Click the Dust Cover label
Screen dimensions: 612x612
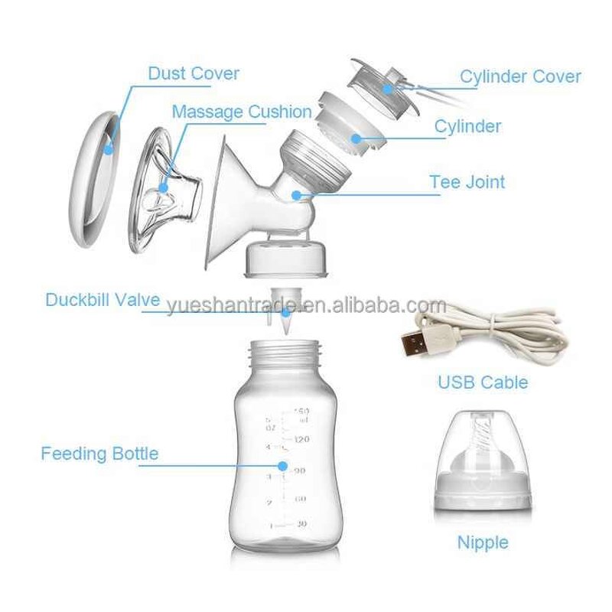click(x=194, y=74)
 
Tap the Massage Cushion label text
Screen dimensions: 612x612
click(x=242, y=112)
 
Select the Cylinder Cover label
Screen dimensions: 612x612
click(x=519, y=76)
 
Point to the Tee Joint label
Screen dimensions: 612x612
click(x=467, y=183)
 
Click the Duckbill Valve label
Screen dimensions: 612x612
click(x=103, y=299)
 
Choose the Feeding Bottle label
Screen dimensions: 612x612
click(x=99, y=454)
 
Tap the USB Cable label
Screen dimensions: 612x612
click(x=483, y=381)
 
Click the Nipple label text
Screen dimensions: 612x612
click(x=483, y=543)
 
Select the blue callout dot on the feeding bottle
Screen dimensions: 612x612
click(x=282, y=466)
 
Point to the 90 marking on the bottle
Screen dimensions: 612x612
click(x=300, y=470)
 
